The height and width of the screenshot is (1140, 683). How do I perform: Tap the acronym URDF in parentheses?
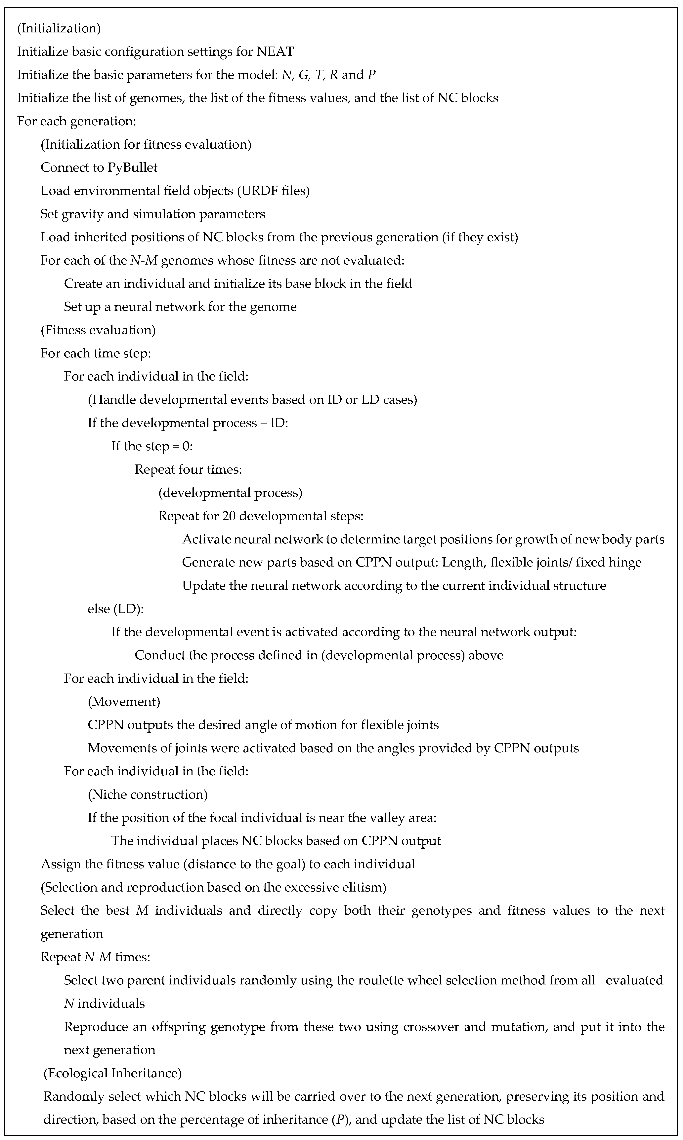pos(254,190)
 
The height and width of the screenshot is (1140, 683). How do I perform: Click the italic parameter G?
pos(303,75)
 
